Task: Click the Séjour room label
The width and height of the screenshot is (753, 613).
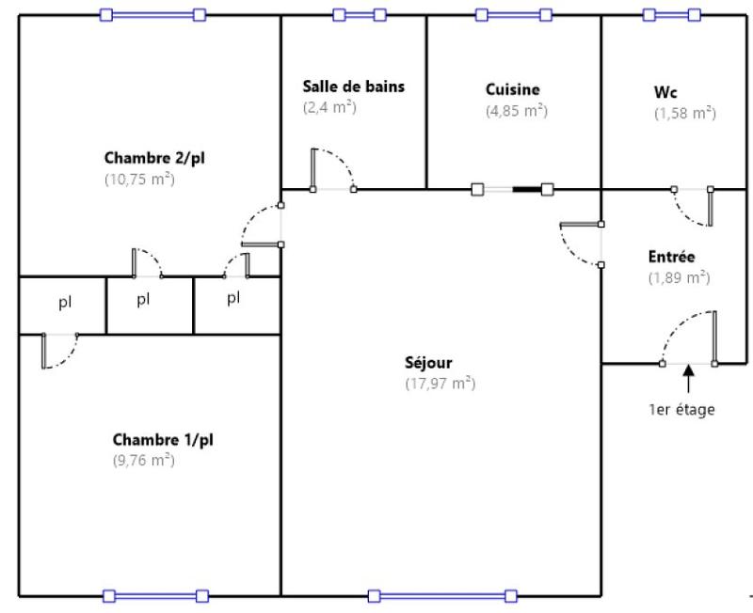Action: coord(428,362)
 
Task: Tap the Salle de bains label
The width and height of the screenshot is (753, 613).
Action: coord(353,86)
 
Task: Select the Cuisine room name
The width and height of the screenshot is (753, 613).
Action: coord(513,90)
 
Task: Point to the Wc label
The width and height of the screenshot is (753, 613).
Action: coord(665,93)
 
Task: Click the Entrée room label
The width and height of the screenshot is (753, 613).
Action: coord(672,257)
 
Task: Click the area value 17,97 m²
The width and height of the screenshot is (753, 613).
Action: coord(440,384)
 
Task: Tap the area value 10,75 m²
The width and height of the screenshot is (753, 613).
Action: coord(139,179)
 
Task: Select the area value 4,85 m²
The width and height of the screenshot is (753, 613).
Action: coord(516,111)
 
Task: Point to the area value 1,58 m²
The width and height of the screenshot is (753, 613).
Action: coord(685,114)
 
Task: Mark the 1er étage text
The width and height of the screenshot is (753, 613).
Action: coord(681,410)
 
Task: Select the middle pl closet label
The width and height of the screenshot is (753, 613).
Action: coord(143,300)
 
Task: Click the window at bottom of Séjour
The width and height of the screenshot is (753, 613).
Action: coord(442,595)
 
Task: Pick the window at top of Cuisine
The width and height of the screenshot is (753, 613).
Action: coord(513,15)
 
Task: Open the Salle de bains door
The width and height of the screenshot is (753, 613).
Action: coord(331,169)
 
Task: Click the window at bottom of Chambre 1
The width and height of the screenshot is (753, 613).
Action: coord(155,595)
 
